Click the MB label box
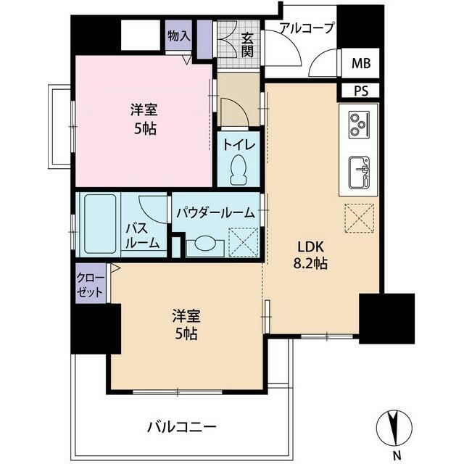coord(360,63)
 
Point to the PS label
coord(360,91)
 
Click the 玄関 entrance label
coord(247,45)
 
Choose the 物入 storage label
coord(178,36)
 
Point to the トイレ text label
coord(238,144)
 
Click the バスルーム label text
coord(142,236)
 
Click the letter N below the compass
coord(396,454)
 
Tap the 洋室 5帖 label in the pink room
coord(143,120)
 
